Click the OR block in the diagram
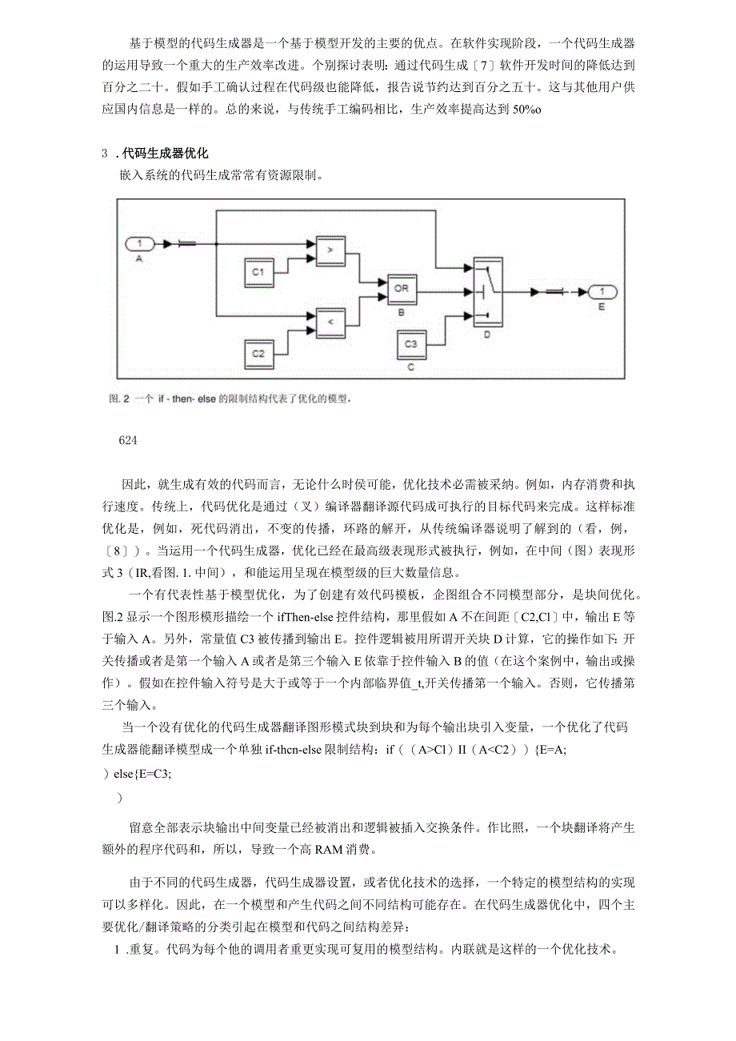point(402,286)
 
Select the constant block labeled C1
point(259,273)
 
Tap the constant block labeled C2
point(259,352)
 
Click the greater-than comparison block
point(330,249)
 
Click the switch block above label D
point(487,291)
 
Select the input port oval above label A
point(141,242)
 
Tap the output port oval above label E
point(602,291)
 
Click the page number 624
point(128,439)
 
